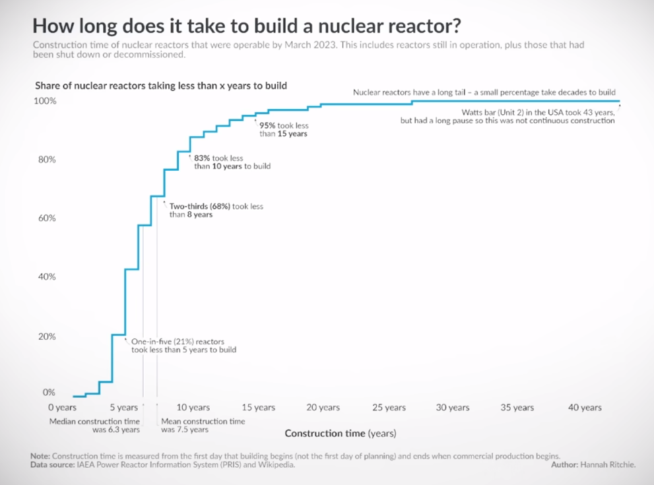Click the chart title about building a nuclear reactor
[x=247, y=26]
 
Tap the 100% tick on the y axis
[x=45, y=101]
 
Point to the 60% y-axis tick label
[x=45, y=219]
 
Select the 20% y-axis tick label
[x=45, y=337]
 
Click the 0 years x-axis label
[x=62, y=408]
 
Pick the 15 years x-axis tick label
[x=259, y=408]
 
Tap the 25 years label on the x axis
[x=389, y=408]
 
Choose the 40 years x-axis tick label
[x=585, y=408]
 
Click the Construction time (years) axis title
[x=340, y=433]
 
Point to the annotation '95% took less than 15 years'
[x=284, y=129]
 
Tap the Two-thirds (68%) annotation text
[x=216, y=210]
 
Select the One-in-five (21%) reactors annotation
[x=183, y=346]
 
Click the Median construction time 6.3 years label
[x=95, y=425]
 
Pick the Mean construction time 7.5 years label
[x=203, y=425]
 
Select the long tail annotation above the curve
[x=484, y=92]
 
